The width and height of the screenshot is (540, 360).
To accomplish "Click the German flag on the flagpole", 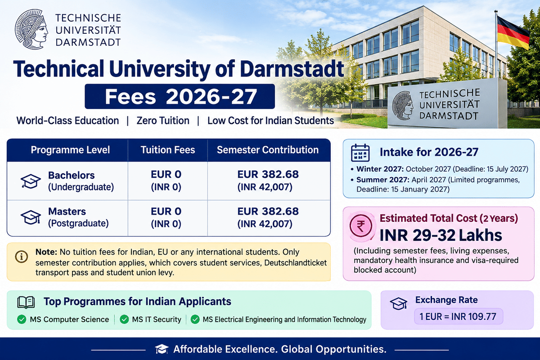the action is (x=513, y=32).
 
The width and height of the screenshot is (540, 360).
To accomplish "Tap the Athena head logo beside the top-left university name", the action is (x=31, y=29).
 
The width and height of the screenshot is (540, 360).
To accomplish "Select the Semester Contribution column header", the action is (x=268, y=150).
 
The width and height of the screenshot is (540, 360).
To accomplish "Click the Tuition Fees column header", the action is (x=168, y=150).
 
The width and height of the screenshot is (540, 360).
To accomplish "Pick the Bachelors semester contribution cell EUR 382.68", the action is (x=268, y=174).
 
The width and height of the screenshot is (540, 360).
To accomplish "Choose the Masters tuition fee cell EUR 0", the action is (x=166, y=211).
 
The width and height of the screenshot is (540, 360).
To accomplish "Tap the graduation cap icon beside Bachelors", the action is (x=31, y=181).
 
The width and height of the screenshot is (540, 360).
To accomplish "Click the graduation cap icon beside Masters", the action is (x=31, y=217).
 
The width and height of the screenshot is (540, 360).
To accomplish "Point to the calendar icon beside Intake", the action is (x=360, y=153).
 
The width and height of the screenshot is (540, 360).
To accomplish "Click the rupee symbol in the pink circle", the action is (x=361, y=226).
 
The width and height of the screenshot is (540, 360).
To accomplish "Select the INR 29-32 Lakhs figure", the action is (x=441, y=235).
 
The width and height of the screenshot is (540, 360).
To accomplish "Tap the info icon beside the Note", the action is (x=22, y=256).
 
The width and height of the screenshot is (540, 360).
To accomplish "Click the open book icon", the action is (x=26, y=302).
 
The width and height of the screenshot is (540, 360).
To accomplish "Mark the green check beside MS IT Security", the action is (x=124, y=319).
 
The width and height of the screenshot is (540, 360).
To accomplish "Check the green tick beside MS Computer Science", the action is (x=22, y=319).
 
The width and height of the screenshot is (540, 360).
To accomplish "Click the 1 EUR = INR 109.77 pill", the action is (x=458, y=316).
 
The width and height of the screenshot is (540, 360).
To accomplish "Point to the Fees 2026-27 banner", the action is (x=180, y=96).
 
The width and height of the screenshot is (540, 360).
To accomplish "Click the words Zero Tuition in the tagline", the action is (x=163, y=121).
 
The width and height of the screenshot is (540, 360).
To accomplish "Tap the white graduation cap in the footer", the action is (x=162, y=349).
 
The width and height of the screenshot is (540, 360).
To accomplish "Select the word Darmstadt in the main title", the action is (x=292, y=69).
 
